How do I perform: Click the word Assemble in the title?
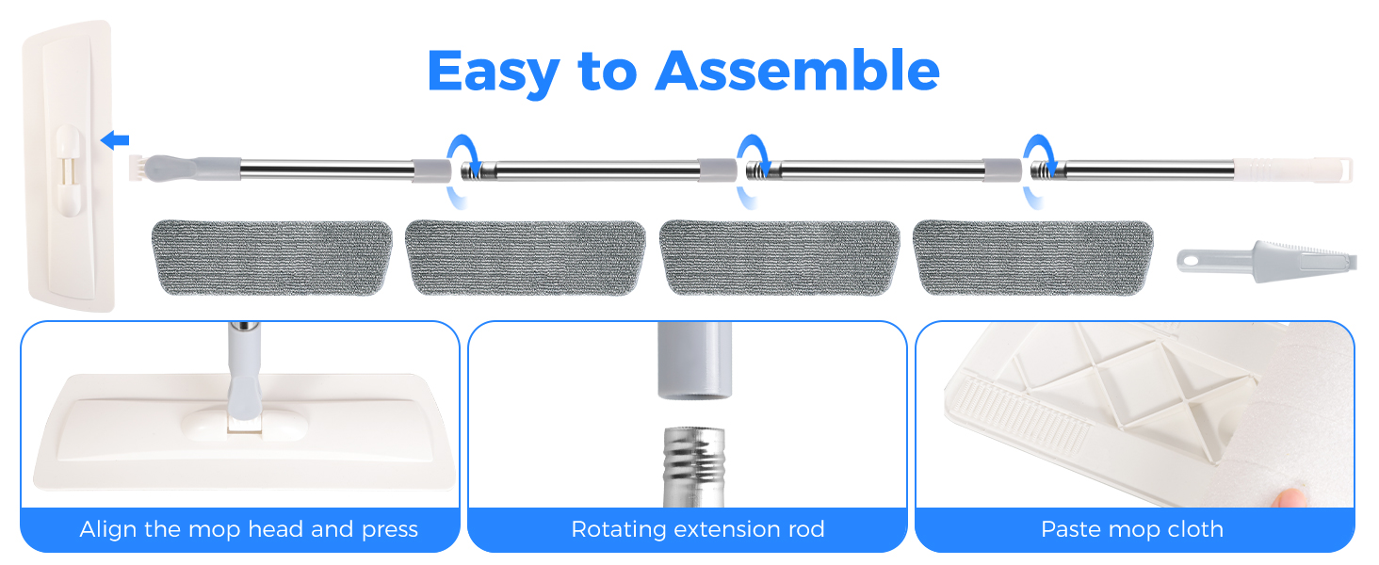tap(798, 70)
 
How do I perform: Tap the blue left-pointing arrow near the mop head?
tap(115, 141)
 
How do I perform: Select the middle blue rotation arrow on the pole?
tap(750, 170)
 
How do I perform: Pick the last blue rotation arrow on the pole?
tap(1039, 170)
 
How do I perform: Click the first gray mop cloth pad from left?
tap(271, 257)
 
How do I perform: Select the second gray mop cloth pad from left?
tap(525, 257)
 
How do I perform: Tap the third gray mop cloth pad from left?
tap(779, 257)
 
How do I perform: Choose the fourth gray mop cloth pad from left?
tap(1033, 257)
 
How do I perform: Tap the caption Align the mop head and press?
tap(249, 529)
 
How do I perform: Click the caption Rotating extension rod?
tap(698, 529)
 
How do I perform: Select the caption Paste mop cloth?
tap(1131, 529)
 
